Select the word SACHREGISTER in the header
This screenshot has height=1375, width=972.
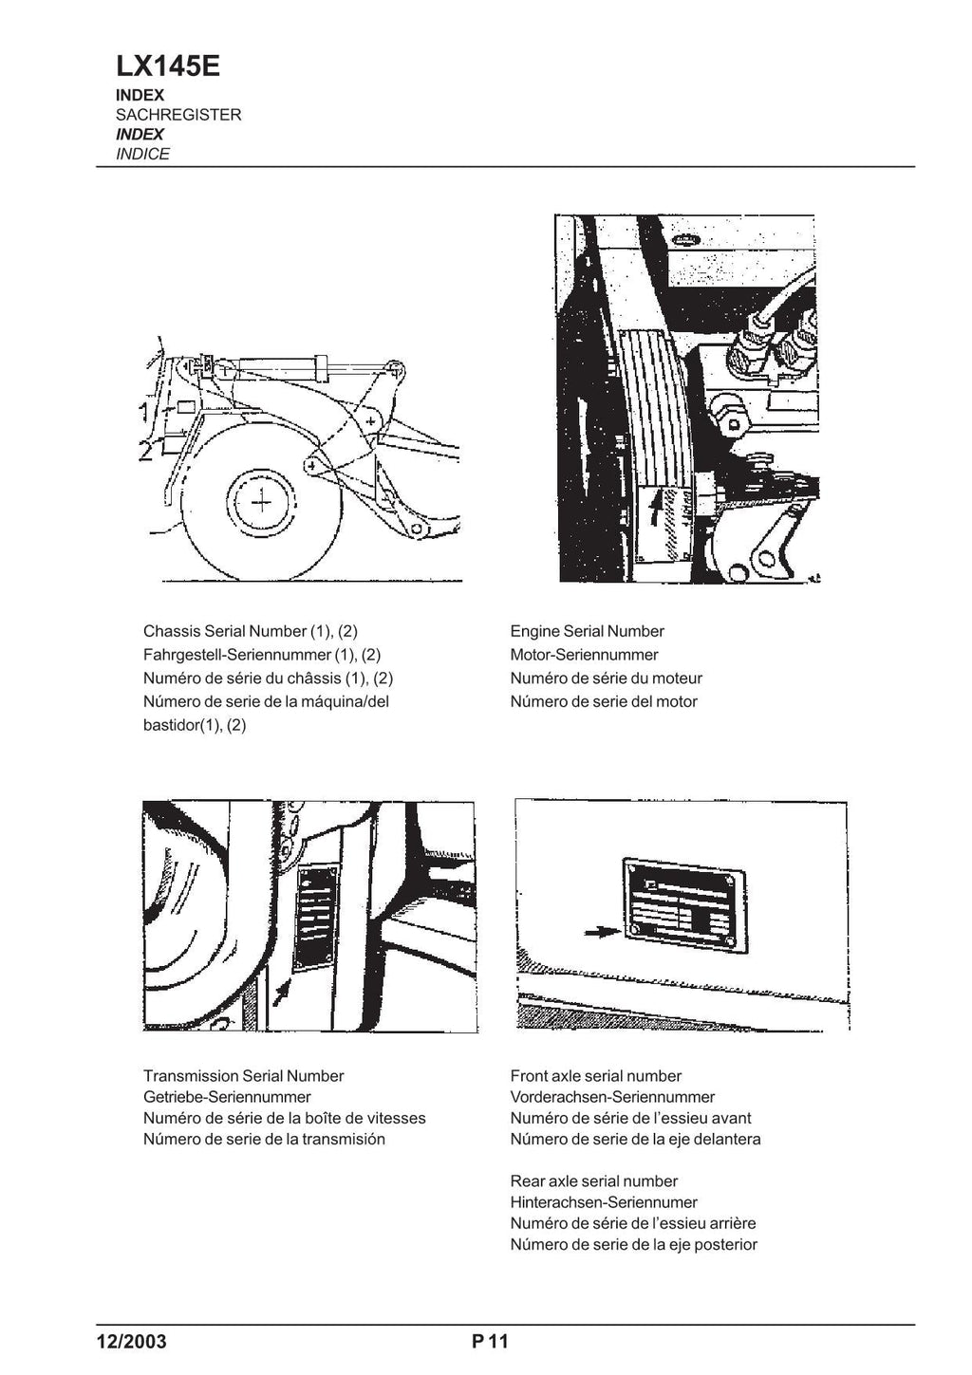pyautogui.click(x=178, y=115)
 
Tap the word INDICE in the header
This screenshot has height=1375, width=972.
pyautogui.click(x=142, y=154)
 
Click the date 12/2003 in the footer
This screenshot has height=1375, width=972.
pyautogui.click(x=131, y=1341)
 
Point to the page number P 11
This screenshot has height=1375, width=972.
pyautogui.click(x=490, y=1341)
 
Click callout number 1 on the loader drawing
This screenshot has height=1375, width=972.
pyautogui.click(x=142, y=412)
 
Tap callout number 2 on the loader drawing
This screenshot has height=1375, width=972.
pyautogui.click(x=144, y=450)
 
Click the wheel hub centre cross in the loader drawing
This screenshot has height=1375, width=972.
pyautogui.click(x=261, y=500)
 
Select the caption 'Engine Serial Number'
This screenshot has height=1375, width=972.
pyautogui.click(x=587, y=631)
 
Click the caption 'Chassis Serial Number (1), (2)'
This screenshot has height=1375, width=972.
pyautogui.click(x=250, y=631)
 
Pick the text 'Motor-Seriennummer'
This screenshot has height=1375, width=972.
pyautogui.click(x=584, y=655)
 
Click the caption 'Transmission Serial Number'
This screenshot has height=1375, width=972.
pyautogui.click(x=243, y=1075)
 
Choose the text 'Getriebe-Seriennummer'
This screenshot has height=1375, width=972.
pyautogui.click(x=227, y=1097)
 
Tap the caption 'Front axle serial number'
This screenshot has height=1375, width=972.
pyautogui.click(x=595, y=1075)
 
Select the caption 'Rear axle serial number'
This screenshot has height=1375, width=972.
pyautogui.click(x=593, y=1181)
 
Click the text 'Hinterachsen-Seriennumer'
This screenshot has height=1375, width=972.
pyautogui.click(x=604, y=1202)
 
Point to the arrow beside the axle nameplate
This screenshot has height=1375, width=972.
pyautogui.click(x=599, y=933)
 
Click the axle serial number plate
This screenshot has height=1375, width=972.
pyautogui.click(x=682, y=905)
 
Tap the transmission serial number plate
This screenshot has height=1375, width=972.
pyautogui.click(x=316, y=917)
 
